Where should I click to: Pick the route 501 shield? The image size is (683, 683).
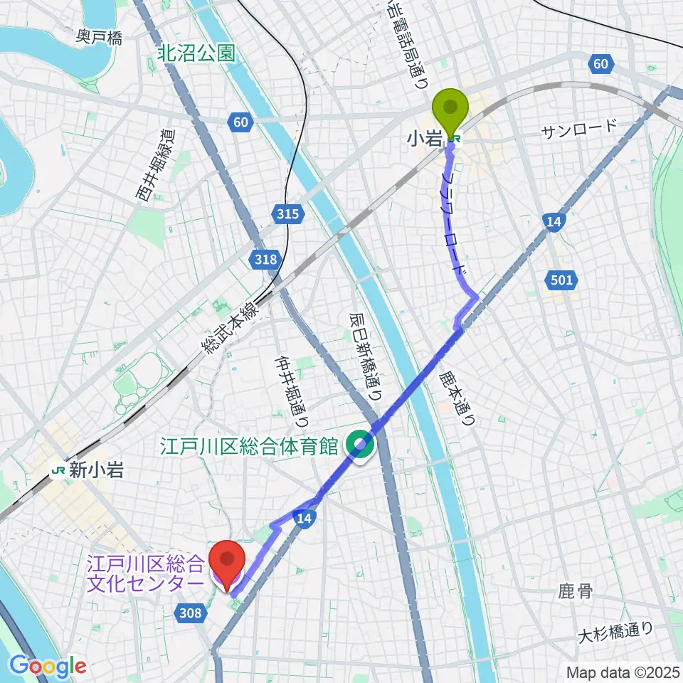pos(561,280)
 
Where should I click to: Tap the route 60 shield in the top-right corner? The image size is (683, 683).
pos(600,65)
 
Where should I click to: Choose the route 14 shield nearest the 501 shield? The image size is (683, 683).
pos(555,222)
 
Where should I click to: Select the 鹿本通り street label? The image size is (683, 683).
pos(456,396)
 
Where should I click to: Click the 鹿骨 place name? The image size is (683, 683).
pos(576,591)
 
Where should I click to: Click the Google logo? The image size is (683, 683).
pos(48,666)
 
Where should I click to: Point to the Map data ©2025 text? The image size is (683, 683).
pos(622,672)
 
